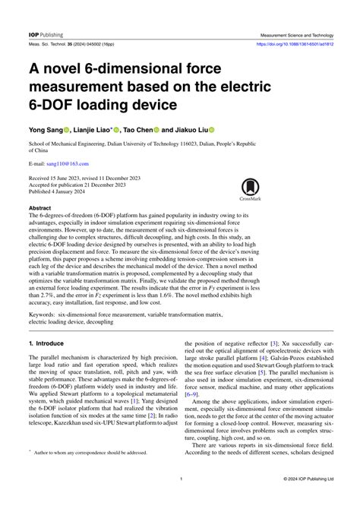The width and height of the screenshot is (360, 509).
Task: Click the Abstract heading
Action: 40,207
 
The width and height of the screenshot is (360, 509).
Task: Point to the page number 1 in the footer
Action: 180,500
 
